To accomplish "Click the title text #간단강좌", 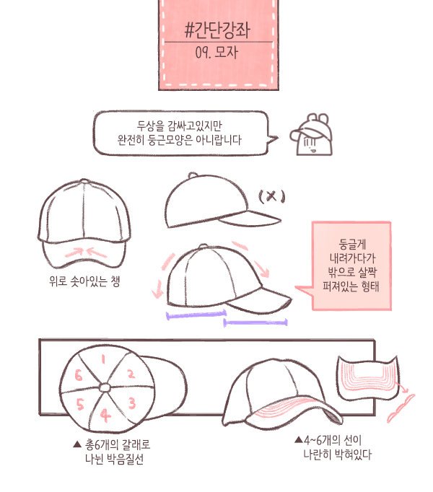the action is point(217,31).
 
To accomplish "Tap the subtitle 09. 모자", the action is point(216,53).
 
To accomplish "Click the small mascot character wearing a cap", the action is point(311,135).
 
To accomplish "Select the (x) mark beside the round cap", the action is point(272,197).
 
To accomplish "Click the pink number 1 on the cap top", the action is point(103,359).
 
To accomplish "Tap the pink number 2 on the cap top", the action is point(131,374).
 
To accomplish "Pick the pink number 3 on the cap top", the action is point(132,403).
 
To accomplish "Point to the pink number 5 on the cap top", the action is point(80,404).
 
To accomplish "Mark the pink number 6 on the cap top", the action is point(79,375).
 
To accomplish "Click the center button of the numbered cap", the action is point(105,388).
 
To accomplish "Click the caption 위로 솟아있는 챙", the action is point(84,281).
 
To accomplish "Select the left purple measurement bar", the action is point(196,315).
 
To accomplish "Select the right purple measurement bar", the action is point(255,322).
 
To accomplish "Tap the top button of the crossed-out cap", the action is point(193,175).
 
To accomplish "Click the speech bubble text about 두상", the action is point(179,133).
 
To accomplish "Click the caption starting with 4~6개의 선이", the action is point(333,447).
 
